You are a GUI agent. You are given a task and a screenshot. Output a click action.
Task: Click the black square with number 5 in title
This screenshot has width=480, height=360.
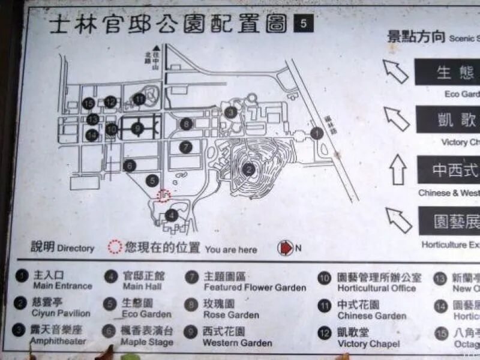(x=303, y=24)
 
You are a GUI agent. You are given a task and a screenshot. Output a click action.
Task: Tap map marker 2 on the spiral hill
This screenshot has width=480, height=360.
(x=249, y=170)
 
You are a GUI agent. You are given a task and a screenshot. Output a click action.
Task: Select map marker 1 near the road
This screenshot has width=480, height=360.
(x=316, y=134)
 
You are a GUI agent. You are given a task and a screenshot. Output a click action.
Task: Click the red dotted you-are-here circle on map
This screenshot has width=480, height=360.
(x=163, y=196)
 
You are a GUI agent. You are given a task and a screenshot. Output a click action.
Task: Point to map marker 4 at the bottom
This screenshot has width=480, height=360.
(x=172, y=215)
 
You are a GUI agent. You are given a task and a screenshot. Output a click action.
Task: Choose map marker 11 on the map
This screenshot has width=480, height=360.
(x=139, y=98)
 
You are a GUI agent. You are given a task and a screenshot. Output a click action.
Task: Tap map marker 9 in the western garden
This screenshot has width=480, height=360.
(x=137, y=128)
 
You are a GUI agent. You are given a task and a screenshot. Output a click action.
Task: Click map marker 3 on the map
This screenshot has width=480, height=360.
(x=230, y=112)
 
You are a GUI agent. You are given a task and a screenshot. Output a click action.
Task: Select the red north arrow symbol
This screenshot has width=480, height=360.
(x=284, y=248)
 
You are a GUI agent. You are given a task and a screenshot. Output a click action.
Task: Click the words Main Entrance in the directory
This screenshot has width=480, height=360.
(x=62, y=286)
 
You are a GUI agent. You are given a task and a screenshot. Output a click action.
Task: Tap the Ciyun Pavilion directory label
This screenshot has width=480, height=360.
(x=61, y=313)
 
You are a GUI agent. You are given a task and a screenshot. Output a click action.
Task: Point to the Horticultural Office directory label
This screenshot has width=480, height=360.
(x=376, y=289)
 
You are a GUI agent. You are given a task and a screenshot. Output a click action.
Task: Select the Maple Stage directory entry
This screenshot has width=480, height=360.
(x=146, y=343)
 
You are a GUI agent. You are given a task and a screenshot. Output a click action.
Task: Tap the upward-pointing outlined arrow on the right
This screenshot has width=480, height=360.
(x=398, y=169)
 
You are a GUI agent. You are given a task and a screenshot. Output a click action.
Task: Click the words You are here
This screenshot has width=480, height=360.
(x=230, y=250)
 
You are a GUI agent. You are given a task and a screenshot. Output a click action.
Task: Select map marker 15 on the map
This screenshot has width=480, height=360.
(x=89, y=104)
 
